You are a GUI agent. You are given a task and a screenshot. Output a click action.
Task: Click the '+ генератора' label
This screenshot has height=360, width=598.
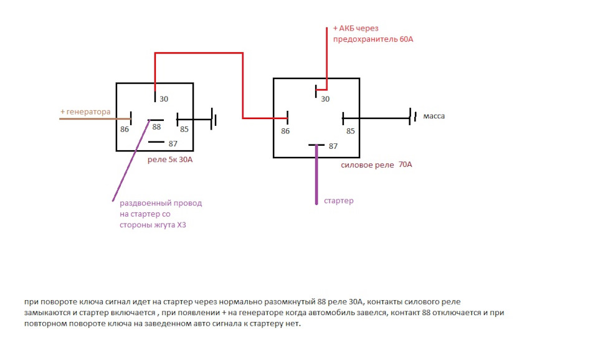[85, 112]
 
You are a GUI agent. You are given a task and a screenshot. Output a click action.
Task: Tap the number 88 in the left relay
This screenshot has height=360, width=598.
[156, 127]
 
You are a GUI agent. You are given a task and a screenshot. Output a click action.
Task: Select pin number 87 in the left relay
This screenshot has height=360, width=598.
[173, 144]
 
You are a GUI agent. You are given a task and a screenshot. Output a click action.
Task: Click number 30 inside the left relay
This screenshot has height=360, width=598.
[164, 99]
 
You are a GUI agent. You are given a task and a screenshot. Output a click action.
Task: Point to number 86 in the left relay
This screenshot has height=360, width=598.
[125, 130]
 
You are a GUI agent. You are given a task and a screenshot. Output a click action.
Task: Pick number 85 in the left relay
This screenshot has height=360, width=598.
[184, 130]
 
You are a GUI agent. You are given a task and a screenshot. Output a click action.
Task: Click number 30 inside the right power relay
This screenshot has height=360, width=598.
[325, 99]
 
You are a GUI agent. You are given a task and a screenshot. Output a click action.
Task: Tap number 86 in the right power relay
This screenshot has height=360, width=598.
[285, 131]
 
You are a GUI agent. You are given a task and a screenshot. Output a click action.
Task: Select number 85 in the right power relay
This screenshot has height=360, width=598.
[350, 131]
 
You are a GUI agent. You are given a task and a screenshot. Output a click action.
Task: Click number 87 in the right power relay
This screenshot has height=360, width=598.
[333, 146]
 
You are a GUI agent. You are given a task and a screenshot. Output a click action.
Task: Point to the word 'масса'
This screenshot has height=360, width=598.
[434, 116]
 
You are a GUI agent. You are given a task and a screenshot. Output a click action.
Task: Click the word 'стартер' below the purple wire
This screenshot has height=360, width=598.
[338, 201]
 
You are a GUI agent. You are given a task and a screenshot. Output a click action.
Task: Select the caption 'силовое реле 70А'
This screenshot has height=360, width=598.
[376, 165]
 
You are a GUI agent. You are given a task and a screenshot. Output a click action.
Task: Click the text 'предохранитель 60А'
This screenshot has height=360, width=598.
[374, 39]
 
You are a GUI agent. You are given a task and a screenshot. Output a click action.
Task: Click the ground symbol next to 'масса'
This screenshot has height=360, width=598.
[412, 116]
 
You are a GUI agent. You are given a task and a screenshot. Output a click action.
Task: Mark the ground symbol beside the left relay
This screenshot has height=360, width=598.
[214, 118]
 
